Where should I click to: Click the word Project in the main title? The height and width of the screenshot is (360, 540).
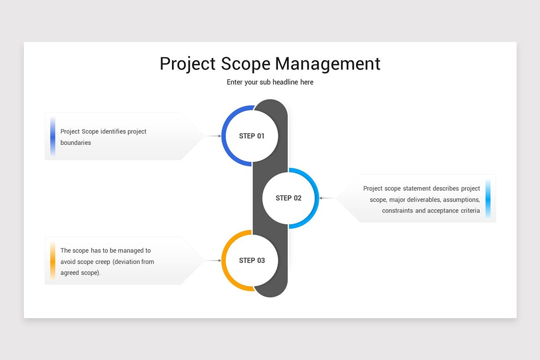click(188, 64)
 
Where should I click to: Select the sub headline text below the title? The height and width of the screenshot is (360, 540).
click(270, 82)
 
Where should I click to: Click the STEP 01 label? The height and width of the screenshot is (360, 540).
click(252, 136)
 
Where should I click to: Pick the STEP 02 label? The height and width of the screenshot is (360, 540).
click(288, 198)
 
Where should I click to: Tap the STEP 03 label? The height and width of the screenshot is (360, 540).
click(252, 261)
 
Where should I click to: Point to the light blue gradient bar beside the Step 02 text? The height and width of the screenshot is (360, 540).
click(488, 198)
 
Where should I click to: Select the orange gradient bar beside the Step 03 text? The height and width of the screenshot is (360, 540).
click(53, 261)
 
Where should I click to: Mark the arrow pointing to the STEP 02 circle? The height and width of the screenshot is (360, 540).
click(327, 198)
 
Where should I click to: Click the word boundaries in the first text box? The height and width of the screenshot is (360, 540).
click(76, 143)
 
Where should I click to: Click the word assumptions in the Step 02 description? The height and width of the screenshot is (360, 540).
click(462, 200)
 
